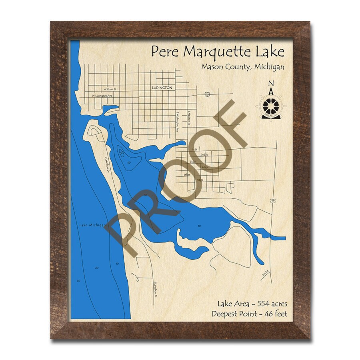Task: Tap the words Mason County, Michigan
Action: pyautogui.click(x=243, y=66)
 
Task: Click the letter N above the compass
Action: pyautogui.click(x=271, y=84)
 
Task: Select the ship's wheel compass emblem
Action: pyautogui.click(x=271, y=106)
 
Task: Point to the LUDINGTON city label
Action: pyautogui.click(x=162, y=87)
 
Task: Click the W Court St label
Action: pyautogui.click(x=109, y=90)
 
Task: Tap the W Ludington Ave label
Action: pyautogui.click(x=102, y=96)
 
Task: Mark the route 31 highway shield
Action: pyautogui.click(x=272, y=200)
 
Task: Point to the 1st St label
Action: pyautogui.click(x=194, y=149)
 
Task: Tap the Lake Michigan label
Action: pyautogui.click(x=90, y=225)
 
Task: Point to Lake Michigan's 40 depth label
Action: pyautogui.click(x=78, y=280)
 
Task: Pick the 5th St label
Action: pyautogui.click(x=186, y=175)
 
